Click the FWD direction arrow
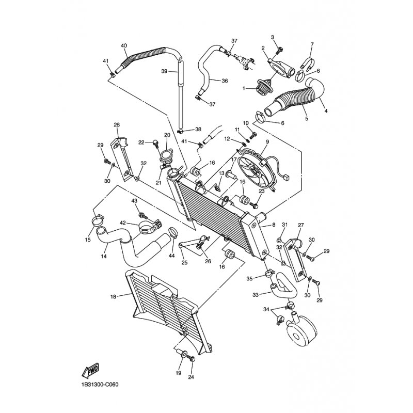tap(90, 370)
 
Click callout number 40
tap(123, 46)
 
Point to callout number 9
tap(268, 141)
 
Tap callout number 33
tap(255, 295)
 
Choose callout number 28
tap(116, 125)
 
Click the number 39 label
tap(164, 71)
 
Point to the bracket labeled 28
tap(123, 157)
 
